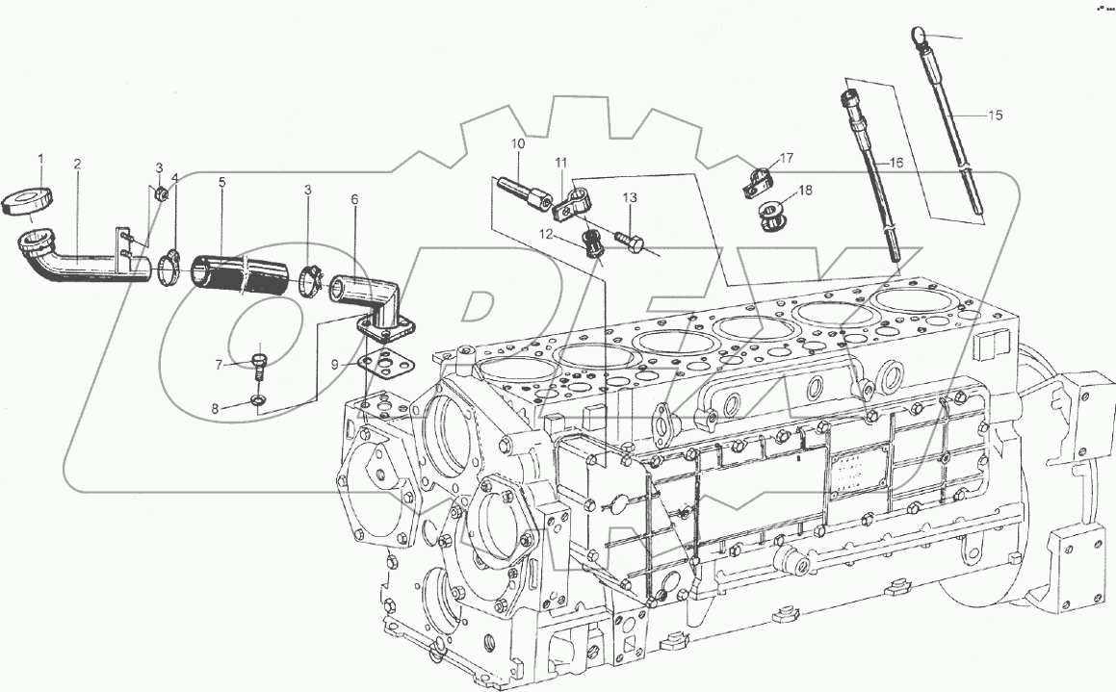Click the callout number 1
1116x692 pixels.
[40, 157]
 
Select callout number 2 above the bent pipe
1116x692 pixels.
[77, 164]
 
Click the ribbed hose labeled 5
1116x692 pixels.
[240, 273]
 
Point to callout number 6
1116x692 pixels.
[354, 200]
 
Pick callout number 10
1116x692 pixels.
[517, 143]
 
